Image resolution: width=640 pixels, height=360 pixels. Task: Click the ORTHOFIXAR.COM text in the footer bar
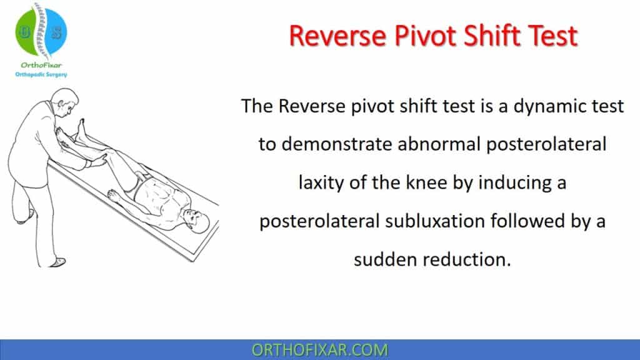point(319,349)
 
